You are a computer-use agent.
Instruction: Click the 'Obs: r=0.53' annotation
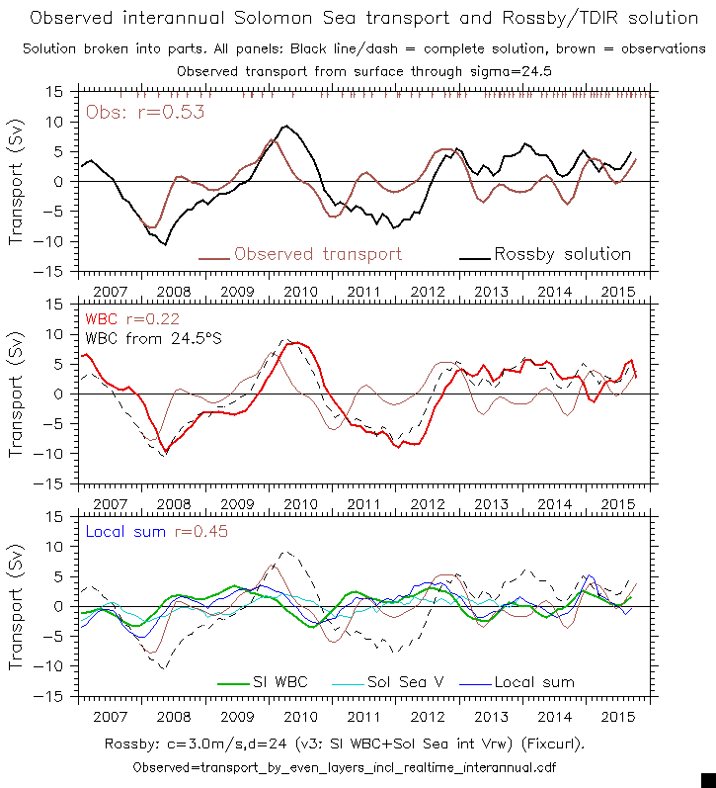tap(145, 112)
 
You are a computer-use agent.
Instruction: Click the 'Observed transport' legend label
tap(318, 254)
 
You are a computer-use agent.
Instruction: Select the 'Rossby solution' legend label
tap(562, 254)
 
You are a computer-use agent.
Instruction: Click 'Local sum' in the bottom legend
tap(534, 682)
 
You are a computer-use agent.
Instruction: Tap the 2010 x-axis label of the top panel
tap(300, 292)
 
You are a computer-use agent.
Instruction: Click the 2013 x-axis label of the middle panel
tap(491, 504)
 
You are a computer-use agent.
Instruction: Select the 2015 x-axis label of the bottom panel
tap(617, 717)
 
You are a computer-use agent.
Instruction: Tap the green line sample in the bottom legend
tap(231, 682)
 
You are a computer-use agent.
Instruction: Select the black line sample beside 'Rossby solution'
tap(474, 255)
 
